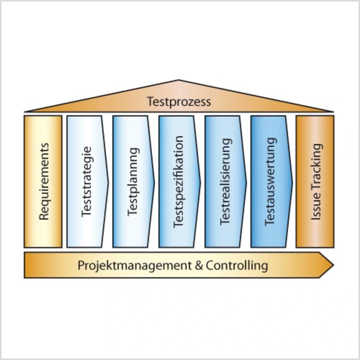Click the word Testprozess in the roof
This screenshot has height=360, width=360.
pos(179,102)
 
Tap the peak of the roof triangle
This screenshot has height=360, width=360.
pos(178,81)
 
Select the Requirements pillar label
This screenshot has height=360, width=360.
pos(44,182)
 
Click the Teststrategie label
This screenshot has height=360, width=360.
pos(87,182)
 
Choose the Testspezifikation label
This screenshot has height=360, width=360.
pos(178,182)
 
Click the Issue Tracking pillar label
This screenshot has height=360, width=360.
pos(316,182)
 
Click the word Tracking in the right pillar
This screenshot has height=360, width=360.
pos(316,166)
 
